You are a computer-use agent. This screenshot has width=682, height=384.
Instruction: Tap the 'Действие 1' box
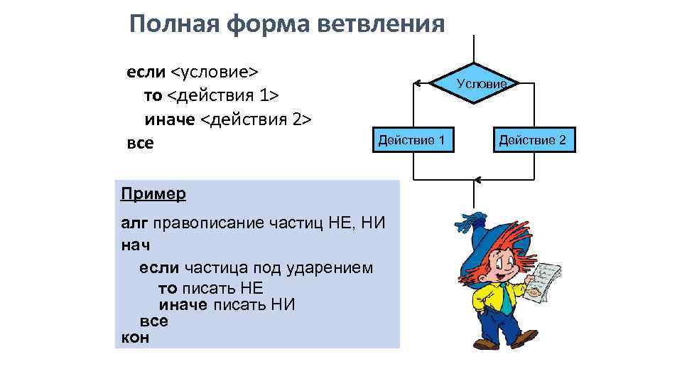point(412,140)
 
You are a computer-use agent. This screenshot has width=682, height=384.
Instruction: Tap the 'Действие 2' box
point(532,140)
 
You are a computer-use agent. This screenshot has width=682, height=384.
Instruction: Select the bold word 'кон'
point(135,337)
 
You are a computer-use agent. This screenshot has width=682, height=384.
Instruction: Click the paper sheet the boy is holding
point(546,282)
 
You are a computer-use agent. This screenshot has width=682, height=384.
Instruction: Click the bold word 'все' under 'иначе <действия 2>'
point(139,143)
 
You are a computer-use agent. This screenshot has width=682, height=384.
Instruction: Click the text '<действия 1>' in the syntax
point(222,96)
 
